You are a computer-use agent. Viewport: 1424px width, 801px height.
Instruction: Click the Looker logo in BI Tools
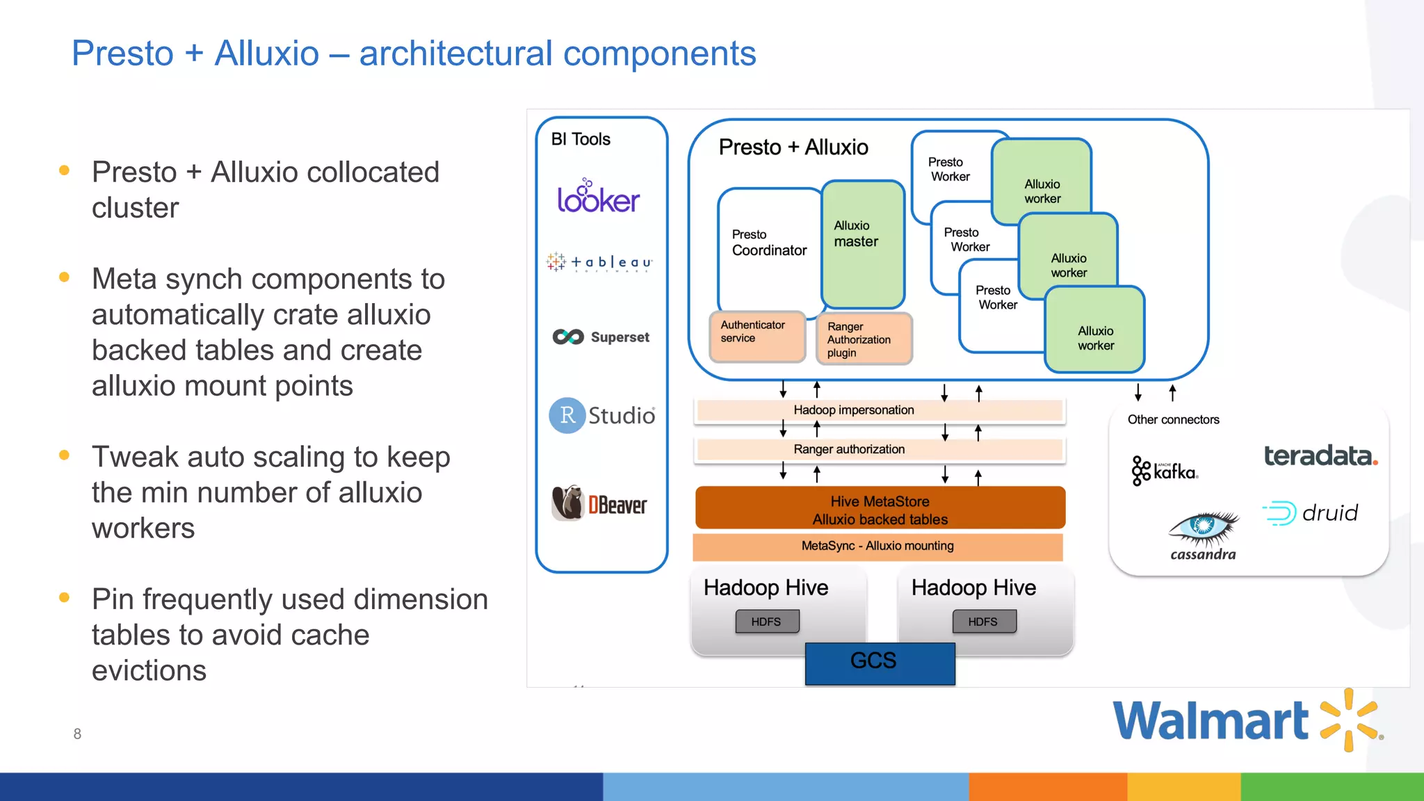point(598,197)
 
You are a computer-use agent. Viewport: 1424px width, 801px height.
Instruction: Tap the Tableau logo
point(599,262)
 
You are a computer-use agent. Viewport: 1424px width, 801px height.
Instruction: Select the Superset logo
point(601,337)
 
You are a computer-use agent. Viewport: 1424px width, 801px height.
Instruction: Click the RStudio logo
point(602,415)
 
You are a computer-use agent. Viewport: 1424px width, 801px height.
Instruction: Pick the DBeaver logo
point(599,503)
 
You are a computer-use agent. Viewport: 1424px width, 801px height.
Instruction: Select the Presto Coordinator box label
point(768,243)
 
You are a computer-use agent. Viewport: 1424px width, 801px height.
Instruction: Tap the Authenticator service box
point(756,336)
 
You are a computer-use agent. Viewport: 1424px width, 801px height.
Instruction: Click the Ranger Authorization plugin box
point(864,339)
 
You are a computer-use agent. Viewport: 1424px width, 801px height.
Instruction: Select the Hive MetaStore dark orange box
point(880,509)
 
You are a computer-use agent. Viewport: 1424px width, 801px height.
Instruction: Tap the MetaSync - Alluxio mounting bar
point(877,547)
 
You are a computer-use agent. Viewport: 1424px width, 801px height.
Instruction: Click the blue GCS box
point(880,663)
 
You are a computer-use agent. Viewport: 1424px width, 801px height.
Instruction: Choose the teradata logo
point(1320,456)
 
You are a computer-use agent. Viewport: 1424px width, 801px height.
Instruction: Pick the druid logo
point(1311,513)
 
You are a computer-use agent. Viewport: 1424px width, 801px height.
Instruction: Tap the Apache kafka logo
point(1165,471)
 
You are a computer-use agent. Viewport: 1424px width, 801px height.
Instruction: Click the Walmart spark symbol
point(1349,720)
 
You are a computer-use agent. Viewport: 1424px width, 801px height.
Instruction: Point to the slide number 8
point(77,734)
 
